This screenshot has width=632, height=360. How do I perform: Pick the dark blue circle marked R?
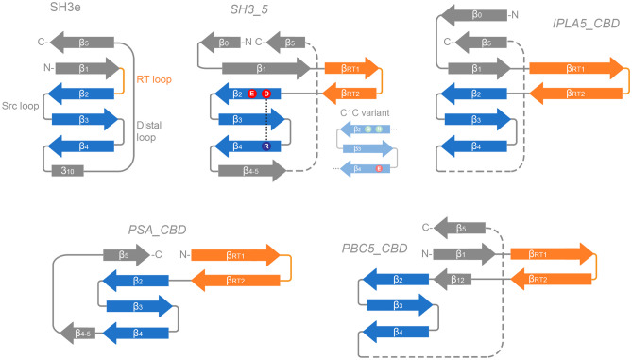[266, 146]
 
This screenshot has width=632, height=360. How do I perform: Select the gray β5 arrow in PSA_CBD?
[123, 254]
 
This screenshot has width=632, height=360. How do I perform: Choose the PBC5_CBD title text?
[375, 248]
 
